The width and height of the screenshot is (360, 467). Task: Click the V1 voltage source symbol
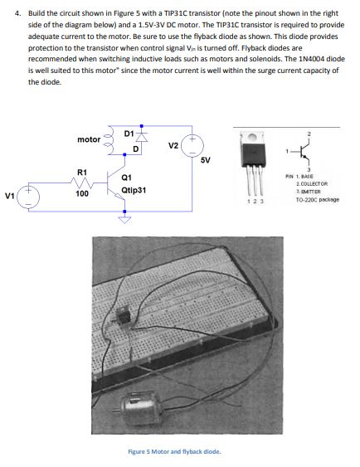pyautogui.click(x=29, y=197)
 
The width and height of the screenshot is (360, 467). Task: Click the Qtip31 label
pyautogui.click(x=134, y=190)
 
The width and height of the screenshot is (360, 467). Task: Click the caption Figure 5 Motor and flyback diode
pyautogui.click(x=173, y=451)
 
